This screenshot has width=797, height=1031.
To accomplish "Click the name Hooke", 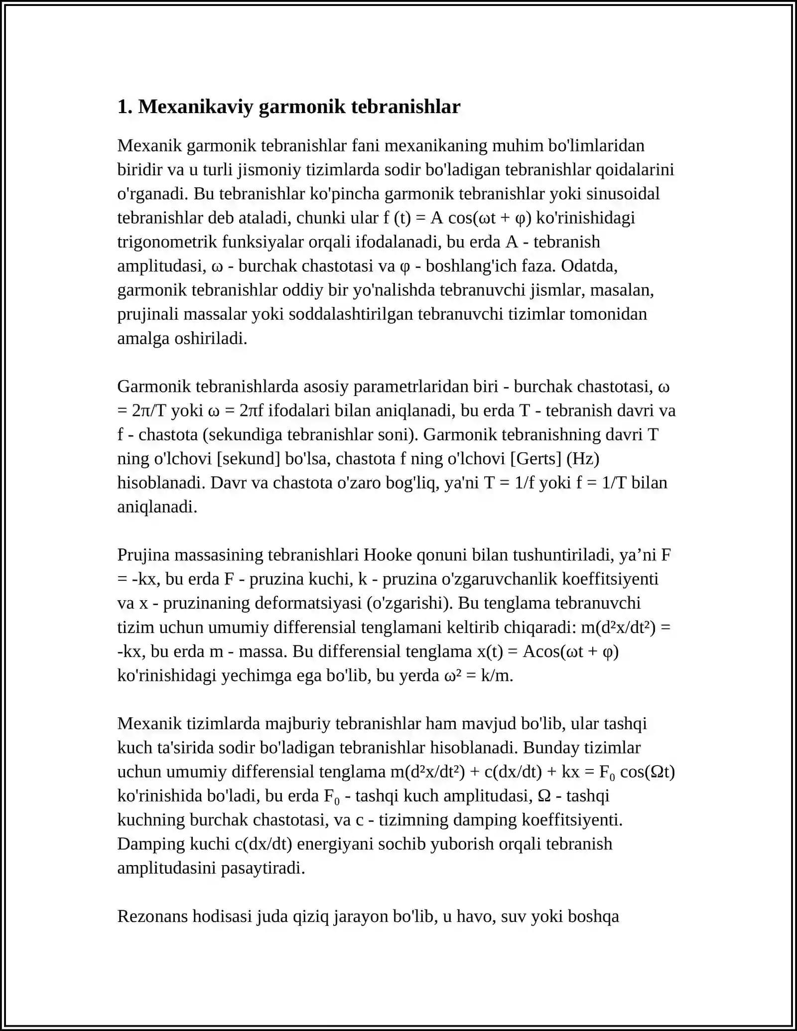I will (x=388, y=555).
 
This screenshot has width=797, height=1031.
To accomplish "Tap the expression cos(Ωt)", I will (x=647, y=772).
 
